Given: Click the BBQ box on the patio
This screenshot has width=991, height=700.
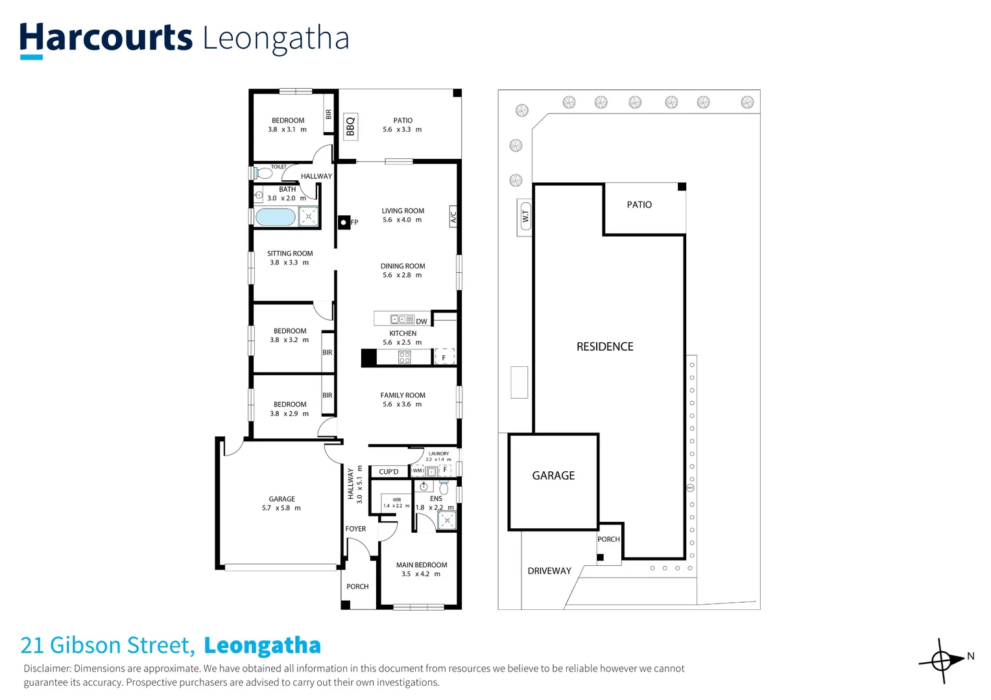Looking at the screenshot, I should [350, 126].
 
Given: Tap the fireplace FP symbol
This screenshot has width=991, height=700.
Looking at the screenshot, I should [344, 222].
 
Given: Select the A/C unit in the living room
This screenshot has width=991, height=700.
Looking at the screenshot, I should [453, 216].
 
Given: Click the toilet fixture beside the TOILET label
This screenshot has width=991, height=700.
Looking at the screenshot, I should [264, 173].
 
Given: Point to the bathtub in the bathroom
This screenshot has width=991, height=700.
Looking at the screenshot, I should [276, 217].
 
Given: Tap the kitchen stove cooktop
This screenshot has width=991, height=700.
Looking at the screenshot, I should [404, 357].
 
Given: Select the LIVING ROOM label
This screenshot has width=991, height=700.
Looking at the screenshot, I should [403, 211].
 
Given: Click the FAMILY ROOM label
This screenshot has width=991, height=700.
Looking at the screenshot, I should [403, 395].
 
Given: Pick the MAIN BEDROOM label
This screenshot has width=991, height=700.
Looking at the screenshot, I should [422, 565].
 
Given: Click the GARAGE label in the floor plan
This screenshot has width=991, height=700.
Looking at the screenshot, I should [281, 499].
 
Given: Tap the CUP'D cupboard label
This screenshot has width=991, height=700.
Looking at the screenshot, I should [388, 472].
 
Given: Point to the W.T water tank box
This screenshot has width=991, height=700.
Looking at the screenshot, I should [525, 216].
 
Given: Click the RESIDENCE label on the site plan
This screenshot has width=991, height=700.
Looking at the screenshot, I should [604, 347].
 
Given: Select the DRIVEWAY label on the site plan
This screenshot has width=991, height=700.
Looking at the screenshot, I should [549, 571].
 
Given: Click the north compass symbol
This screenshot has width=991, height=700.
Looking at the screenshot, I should [942, 661].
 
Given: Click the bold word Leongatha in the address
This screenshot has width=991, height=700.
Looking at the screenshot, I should [262, 646].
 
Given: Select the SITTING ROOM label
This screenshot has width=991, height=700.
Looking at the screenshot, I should [290, 253].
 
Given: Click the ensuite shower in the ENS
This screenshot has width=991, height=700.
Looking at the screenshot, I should [447, 520].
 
